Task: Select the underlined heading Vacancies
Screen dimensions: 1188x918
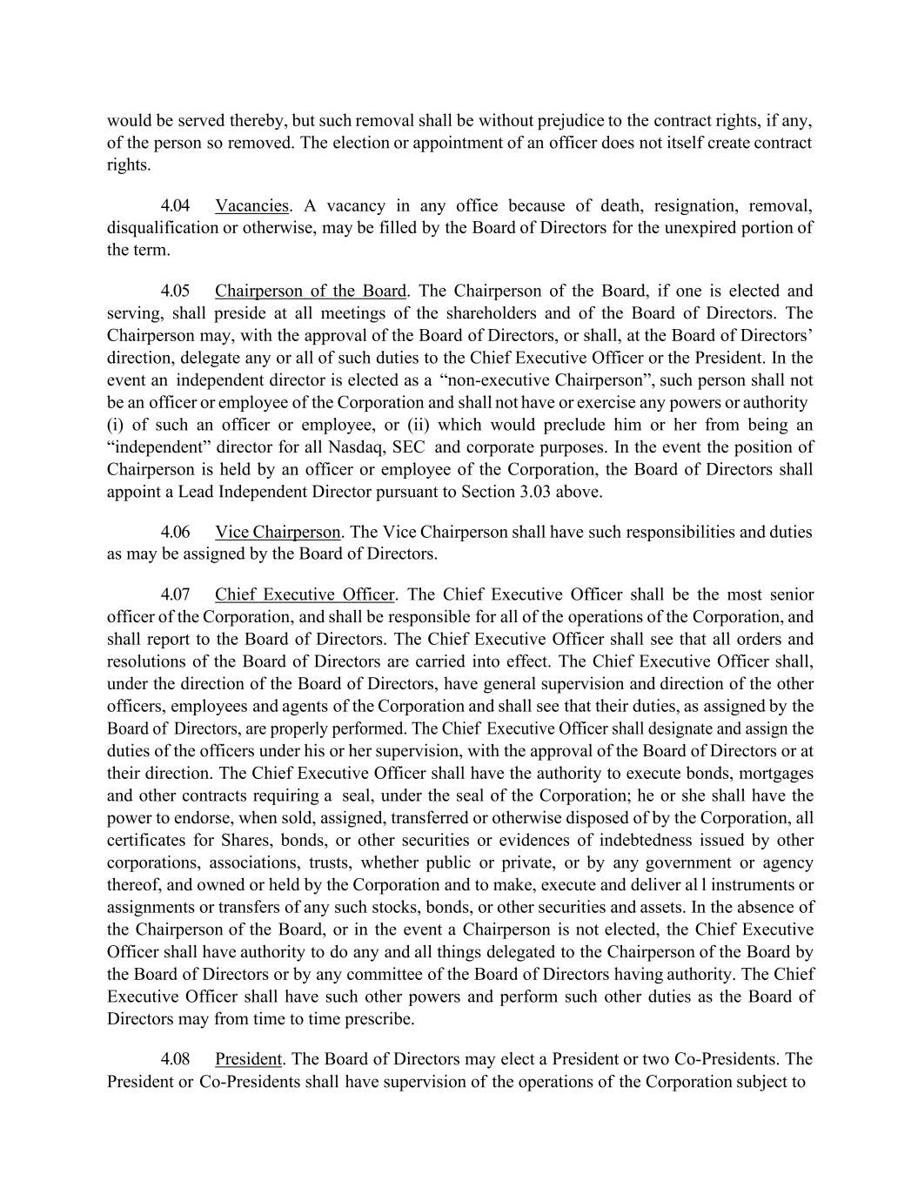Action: [x=251, y=206]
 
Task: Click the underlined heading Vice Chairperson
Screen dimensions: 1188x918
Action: [x=278, y=532]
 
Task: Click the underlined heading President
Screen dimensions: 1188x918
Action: [x=248, y=1059]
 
